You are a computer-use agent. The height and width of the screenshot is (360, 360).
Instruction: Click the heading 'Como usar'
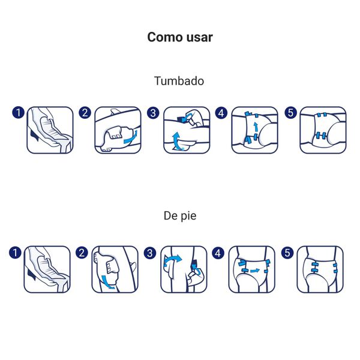(x=180, y=37)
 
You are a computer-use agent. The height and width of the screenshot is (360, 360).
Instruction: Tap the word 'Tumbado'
(x=179, y=80)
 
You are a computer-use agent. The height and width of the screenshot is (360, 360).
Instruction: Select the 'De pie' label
(x=179, y=215)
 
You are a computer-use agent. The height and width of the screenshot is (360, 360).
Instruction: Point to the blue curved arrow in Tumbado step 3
(x=176, y=142)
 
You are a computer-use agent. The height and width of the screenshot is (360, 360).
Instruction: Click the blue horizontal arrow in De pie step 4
(x=254, y=271)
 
